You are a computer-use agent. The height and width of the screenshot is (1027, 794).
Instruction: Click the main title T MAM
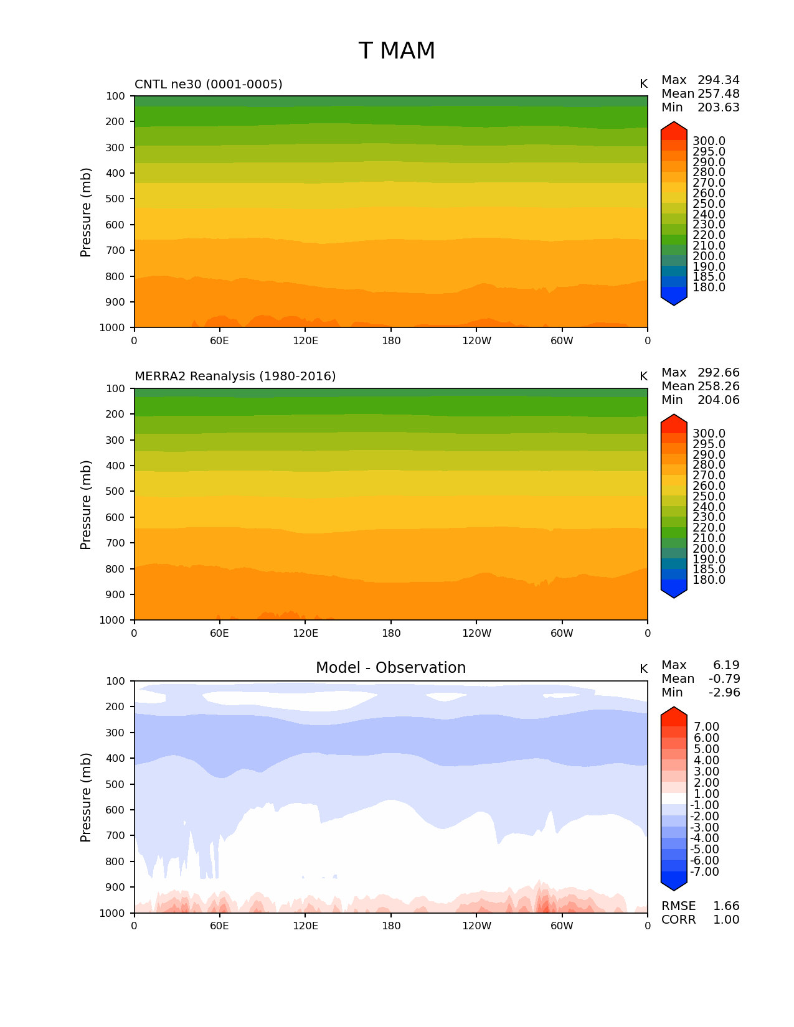tap(397, 51)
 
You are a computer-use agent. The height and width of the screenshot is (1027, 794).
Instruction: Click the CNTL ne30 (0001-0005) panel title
tap(208, 84)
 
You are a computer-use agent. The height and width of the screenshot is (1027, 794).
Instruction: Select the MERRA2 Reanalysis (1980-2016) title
tap(235, 377)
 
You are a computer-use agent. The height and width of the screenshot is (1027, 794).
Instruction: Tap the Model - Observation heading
tap(390, 668)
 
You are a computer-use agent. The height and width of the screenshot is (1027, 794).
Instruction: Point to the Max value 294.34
tap(718, 80)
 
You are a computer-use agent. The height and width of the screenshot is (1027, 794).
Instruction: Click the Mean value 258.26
tap(718, 387)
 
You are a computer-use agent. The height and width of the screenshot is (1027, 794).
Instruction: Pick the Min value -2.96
tap(724, 693)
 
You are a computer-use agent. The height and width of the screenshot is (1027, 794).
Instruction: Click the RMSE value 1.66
tap(726, 906)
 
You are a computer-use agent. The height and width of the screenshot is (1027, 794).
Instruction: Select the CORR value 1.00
tap(726, 920)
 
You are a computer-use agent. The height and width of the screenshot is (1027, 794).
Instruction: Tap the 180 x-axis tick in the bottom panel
tap(391, 926)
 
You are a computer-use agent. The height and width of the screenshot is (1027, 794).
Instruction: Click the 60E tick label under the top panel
tap(219, 341)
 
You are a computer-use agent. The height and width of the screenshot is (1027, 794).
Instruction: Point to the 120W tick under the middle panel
tap(476, 634)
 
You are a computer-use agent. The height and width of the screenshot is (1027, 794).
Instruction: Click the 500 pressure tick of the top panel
tap(115, 199)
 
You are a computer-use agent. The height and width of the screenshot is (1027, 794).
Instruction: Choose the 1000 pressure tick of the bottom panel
tap(112, 913)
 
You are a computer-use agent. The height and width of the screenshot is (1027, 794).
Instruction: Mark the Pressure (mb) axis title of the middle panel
tap(86, 505)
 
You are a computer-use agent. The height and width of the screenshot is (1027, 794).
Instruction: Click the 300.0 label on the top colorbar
tap(709, 141)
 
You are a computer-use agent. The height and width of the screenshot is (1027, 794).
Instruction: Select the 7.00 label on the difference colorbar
tap(706, 727)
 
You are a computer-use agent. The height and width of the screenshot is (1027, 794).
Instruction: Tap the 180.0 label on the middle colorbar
tap(709, 580)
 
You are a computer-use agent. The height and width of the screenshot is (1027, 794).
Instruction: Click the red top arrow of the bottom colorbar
tap(674, 716)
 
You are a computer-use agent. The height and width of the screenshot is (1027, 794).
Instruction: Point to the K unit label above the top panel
tap(643, 84)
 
